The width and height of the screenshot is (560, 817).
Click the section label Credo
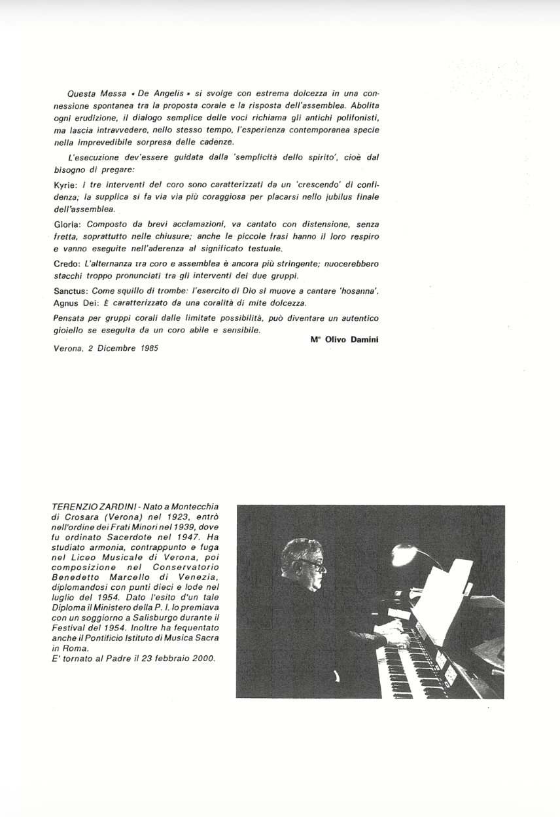coord(66,263)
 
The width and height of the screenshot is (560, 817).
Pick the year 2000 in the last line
coord(202,658)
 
